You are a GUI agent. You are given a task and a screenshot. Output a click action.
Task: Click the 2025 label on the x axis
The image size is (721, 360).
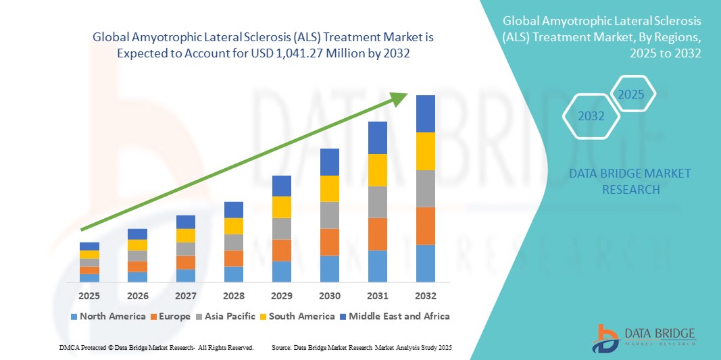coord(89,296)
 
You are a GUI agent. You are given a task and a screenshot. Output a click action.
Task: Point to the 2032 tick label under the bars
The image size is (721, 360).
coord(426,296)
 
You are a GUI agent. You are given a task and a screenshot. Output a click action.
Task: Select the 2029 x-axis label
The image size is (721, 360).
coord(281,296)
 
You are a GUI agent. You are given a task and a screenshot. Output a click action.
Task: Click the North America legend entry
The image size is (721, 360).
coord(108,316)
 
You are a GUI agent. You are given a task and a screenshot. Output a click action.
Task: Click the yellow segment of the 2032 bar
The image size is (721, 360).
coord(426,151)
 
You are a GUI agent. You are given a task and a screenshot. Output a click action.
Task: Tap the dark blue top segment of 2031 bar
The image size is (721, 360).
coord(378,138)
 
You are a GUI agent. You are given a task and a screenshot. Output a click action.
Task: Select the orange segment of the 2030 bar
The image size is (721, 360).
coord(329,242)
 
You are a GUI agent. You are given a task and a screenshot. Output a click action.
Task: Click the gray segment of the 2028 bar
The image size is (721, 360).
coord(234,242)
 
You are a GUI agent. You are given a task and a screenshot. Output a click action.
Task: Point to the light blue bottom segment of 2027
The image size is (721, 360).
coord(186,276)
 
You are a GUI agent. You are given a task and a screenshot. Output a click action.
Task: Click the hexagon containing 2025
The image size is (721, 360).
coord(632,95)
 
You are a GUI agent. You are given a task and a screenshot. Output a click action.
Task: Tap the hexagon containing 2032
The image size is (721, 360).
coord(591,116)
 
